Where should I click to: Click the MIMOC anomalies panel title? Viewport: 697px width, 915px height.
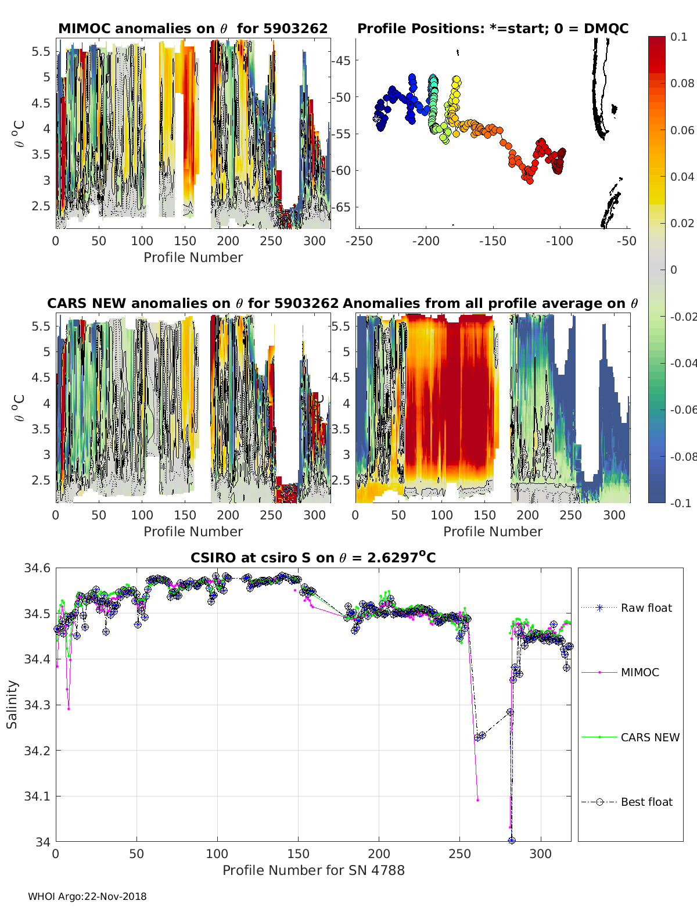click(x=193, y=28)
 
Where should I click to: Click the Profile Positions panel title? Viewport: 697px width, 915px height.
click(x=493, y=28)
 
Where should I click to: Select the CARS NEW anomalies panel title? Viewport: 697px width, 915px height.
click(x=193, y=303)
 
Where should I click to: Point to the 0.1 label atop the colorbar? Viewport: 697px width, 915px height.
click(x=678, y=37)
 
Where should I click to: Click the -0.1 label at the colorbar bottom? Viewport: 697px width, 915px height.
click(x=681, y=503)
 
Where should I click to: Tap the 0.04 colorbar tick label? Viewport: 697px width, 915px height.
click(x=682, y=177)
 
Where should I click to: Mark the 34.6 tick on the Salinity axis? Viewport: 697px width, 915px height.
click(x=37, y=568)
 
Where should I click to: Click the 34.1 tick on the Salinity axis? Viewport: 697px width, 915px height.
click(x=37, y=796)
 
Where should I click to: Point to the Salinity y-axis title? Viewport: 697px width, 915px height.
click(x=12, y=705)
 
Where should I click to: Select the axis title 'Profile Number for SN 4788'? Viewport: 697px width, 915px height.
click(x=313, y=870)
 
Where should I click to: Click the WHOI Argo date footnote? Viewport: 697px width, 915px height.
click(x=87, y=896)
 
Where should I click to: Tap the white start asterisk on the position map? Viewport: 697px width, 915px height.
click(x=376, y=119)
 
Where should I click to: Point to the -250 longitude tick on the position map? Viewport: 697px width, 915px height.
click(x=359, y=241)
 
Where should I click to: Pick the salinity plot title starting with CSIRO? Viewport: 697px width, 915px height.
click(x=313, y=558)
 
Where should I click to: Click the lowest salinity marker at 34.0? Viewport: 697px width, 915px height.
click(x=512, y=840)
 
